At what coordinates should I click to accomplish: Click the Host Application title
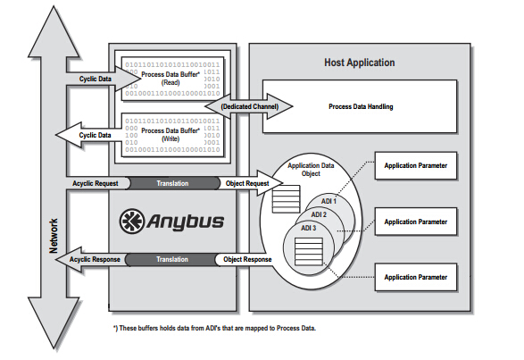359,63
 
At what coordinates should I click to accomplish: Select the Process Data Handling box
361,106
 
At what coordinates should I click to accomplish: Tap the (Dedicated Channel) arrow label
250,106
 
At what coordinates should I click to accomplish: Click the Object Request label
245,182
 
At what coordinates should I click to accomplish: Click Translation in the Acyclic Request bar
172,182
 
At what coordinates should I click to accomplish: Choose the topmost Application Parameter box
414,166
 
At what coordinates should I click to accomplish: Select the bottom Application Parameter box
414,278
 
